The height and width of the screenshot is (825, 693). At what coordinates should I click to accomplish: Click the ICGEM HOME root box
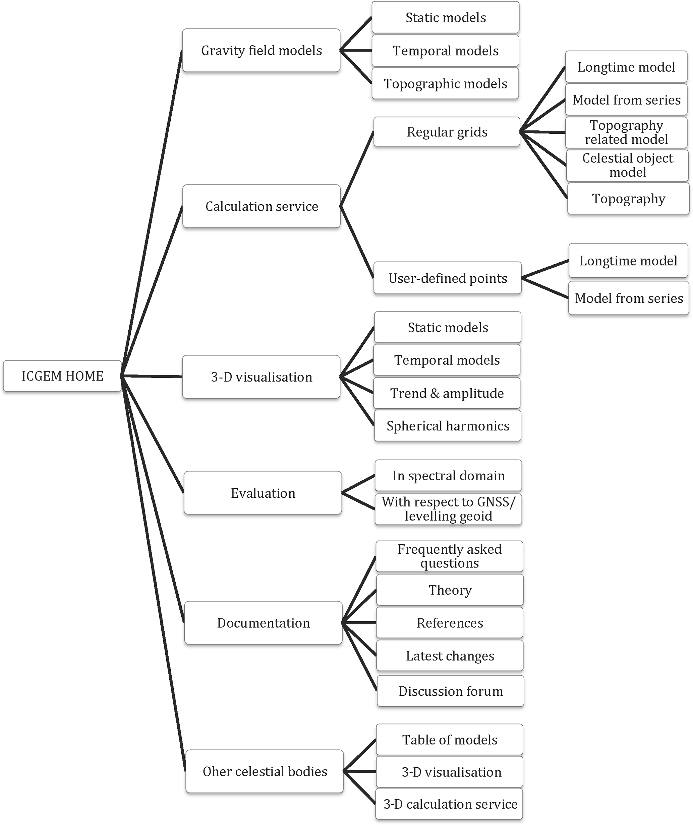click(x=62, y=376)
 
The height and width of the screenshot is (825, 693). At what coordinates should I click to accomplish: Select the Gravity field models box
click(x=261, y=50)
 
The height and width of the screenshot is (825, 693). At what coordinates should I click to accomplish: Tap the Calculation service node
click(x=262, y=206)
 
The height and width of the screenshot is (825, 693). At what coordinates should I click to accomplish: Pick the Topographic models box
click(x=445, y=84)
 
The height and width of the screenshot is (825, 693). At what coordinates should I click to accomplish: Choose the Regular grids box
click(x=447, y=132)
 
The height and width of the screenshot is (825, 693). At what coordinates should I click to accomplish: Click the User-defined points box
click(x=448, y=278)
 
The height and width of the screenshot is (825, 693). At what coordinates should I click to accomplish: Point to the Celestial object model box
click(x=627, y=165)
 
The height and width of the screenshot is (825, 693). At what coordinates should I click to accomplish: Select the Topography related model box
click(x=626, y=132)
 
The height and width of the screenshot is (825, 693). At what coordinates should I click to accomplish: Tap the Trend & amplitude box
click(x=447, y=393)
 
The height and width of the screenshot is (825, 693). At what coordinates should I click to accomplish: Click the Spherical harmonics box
click(x=448, y=426)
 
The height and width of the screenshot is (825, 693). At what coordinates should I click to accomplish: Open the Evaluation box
click(x=263, y=493)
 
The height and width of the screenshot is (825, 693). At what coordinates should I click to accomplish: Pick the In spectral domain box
click(x=448, y=476)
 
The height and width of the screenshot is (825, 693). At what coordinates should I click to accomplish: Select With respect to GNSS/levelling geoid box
click(x=448, y=509)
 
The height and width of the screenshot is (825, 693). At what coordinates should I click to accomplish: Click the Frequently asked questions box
click(x=450, y=556)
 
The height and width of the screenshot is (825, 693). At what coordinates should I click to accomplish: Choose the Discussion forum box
click(x=450, y=691)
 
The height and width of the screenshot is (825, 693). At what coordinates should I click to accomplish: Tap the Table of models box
click(x=450, y=740)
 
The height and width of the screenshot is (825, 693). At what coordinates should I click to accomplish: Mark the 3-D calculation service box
click(x=450, y=804)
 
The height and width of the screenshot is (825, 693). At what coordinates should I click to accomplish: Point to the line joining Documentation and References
click(x=359, y=623)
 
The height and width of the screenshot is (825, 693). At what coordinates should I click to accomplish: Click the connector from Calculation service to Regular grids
click(x=357, y=169)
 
